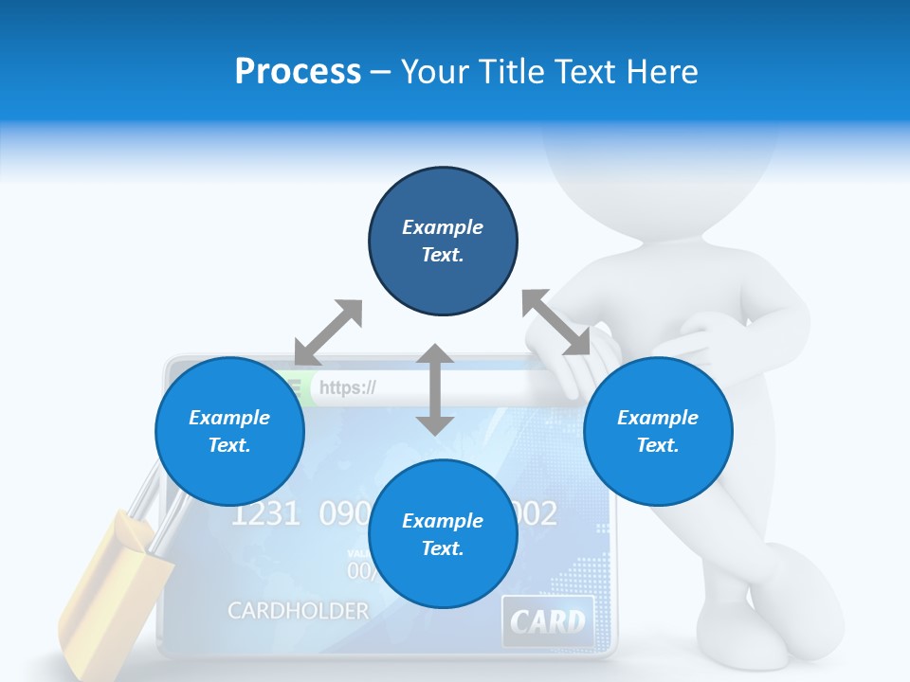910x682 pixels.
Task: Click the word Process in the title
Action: tap(298, 72)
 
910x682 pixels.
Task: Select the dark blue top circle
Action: tap(443, 241)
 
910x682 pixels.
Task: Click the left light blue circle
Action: tap(229, 431)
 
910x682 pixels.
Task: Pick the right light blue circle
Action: tap(658, 431)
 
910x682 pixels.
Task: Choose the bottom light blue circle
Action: tap(443, 534)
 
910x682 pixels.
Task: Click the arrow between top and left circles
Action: tap(329, 332)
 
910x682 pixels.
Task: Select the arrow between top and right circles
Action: tap(555, 323)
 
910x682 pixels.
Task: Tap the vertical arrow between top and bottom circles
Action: tap(435, 389)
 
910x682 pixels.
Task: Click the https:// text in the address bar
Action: tap(348, 387)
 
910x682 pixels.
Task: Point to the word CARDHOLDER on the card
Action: tap(298, 611)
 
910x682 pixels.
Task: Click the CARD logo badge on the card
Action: tap(548, 621)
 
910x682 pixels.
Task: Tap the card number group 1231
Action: tap(265, 514)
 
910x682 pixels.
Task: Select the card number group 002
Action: tap(537, 514)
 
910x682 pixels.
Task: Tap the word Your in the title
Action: tap(437, 72)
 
